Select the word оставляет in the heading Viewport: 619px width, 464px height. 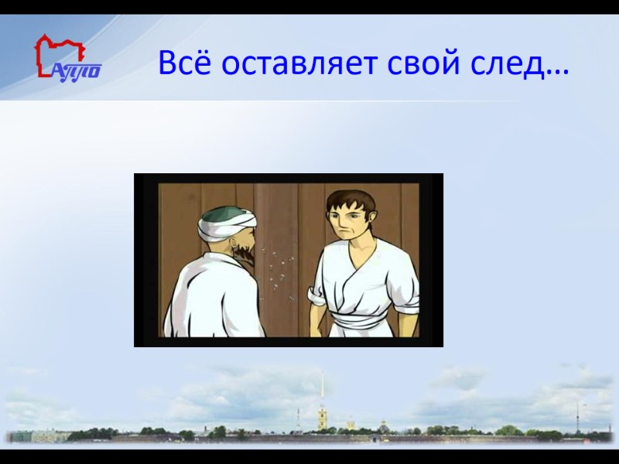(297, 63)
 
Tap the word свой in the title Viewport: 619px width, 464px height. (422, 63)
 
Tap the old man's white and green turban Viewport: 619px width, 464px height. (224, 223)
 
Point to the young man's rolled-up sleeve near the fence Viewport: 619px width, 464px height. (317, 295)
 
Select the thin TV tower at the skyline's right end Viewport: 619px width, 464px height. (576, 414)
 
